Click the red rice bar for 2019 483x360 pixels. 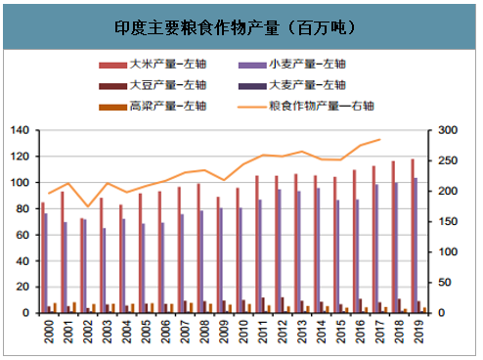pos(412,236)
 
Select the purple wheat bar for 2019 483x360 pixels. pos(416,245)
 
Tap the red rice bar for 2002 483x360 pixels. pos(81,265)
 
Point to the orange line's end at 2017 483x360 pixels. pos(379,139)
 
